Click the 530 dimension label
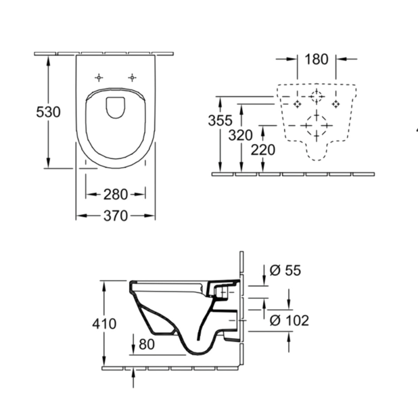tap(48, 112)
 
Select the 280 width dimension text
tap(116, 195)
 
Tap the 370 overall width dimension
tap(116, 216)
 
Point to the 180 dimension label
tap(316, 59)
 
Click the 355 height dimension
tap(220, 121)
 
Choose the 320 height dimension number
tap(240, 135)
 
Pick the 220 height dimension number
tap(263, 150)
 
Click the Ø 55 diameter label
tap(285, 270)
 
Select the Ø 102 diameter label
tap(289, 320)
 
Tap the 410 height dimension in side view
tap(104, 324)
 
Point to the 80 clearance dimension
tap(146, 344)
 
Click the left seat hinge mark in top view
tap(99, 77)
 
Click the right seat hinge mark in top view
tap(132, 77)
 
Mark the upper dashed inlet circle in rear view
tap(316, 96)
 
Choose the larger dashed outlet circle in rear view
tap(316, 125)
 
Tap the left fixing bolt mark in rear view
tap(297, 104)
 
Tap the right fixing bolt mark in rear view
tap(335, 104)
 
